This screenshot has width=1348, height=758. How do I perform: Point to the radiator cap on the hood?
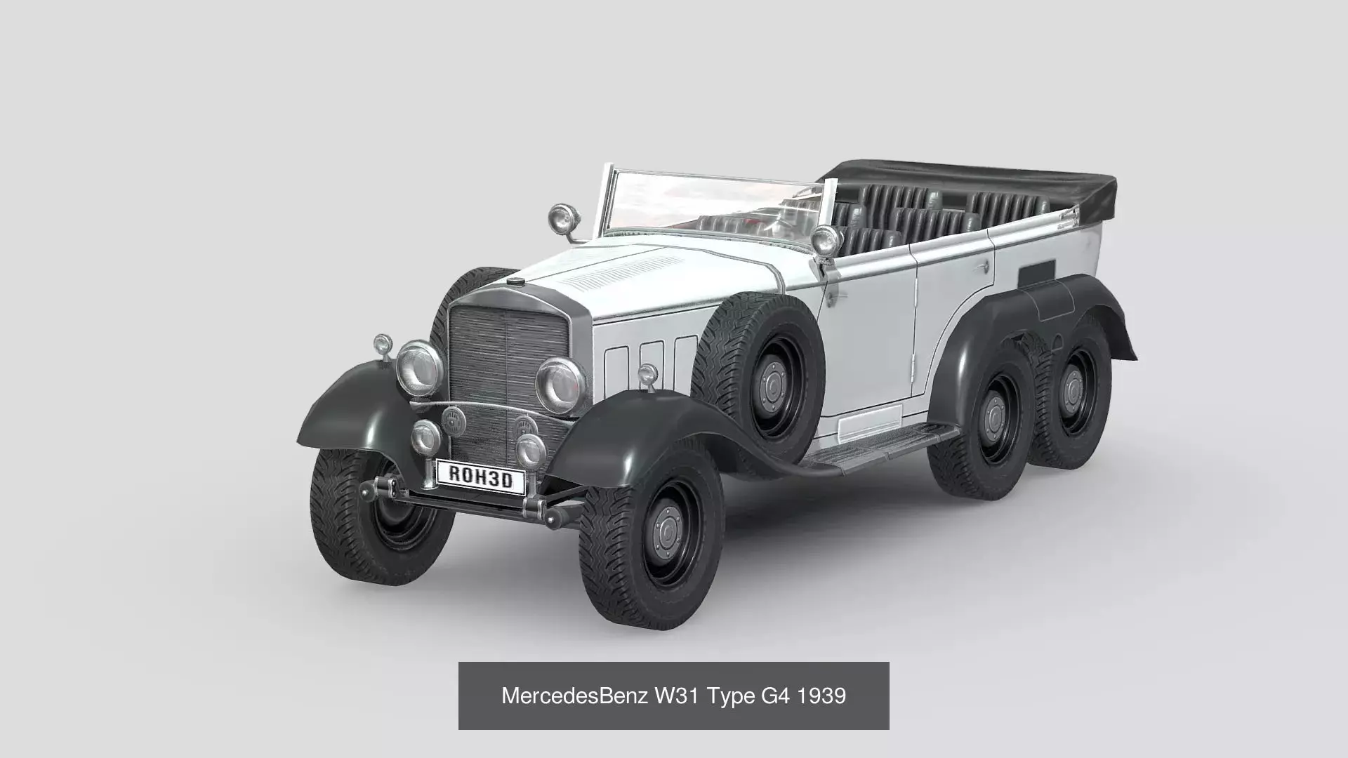[516, 281]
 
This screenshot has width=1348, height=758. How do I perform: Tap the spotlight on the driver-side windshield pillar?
[826, 239]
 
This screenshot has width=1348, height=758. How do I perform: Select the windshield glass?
[709, 204]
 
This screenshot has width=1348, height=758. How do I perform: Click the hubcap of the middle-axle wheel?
[995, 420]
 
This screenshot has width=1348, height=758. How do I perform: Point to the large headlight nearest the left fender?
[418, 367]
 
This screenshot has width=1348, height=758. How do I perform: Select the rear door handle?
[984, 267]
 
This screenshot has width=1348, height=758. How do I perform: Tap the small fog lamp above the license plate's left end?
[425, 436]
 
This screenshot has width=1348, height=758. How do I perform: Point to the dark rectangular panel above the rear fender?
[1038, 272]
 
